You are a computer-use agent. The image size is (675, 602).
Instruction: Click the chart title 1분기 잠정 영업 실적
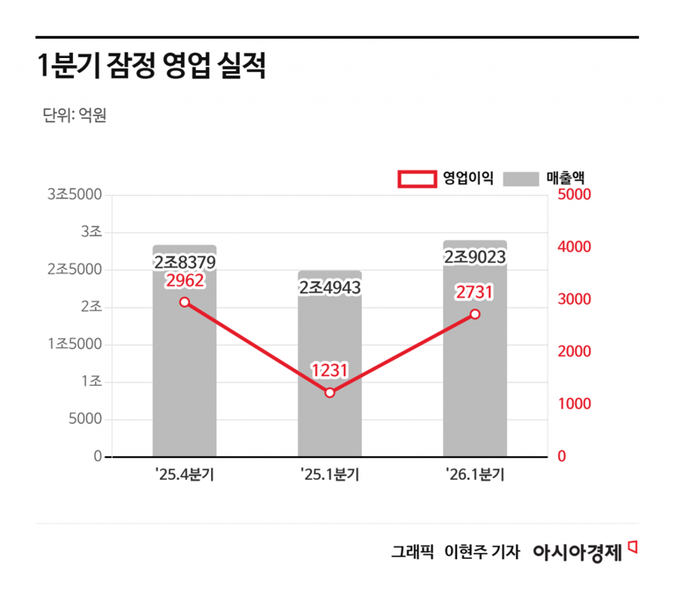151,68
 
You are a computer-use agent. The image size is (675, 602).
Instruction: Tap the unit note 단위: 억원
74,115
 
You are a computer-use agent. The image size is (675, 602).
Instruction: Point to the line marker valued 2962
185,301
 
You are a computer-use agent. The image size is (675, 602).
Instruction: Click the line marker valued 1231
330,393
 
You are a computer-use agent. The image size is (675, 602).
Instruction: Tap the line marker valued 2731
475,314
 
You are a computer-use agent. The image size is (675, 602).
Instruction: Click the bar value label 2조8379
185,262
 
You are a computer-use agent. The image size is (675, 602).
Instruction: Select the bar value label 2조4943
330,287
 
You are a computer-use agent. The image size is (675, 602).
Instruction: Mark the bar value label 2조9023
475,257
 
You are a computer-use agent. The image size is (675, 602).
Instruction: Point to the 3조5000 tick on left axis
75,194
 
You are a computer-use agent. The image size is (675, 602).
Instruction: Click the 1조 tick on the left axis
91,381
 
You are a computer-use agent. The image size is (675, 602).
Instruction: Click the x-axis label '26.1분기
475,475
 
